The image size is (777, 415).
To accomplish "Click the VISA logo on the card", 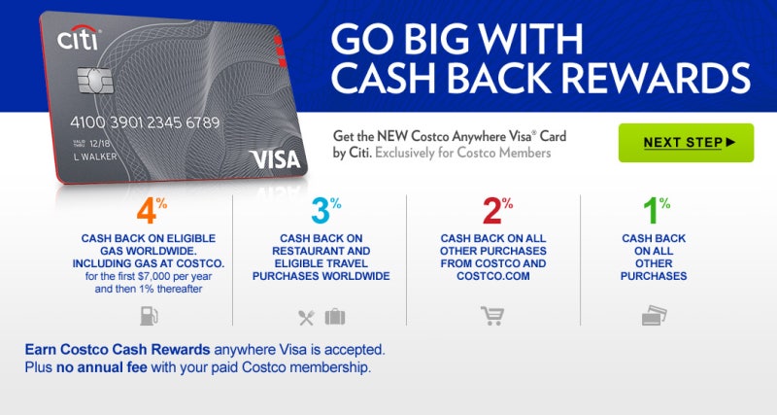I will pyautogui.click(x=275, y=157).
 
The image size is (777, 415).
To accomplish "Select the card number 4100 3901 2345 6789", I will pyautogui.click(x=145, y=123).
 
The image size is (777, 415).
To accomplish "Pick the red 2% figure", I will pyautogui.click(x=492, y=212).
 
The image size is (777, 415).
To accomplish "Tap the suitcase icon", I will pyautogui.click(x=334, y=316).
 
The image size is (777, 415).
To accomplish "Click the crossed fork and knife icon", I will pyautogui.click(x=307, y=316).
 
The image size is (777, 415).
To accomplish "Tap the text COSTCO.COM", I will pyautogui.click(x=494, y=276).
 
